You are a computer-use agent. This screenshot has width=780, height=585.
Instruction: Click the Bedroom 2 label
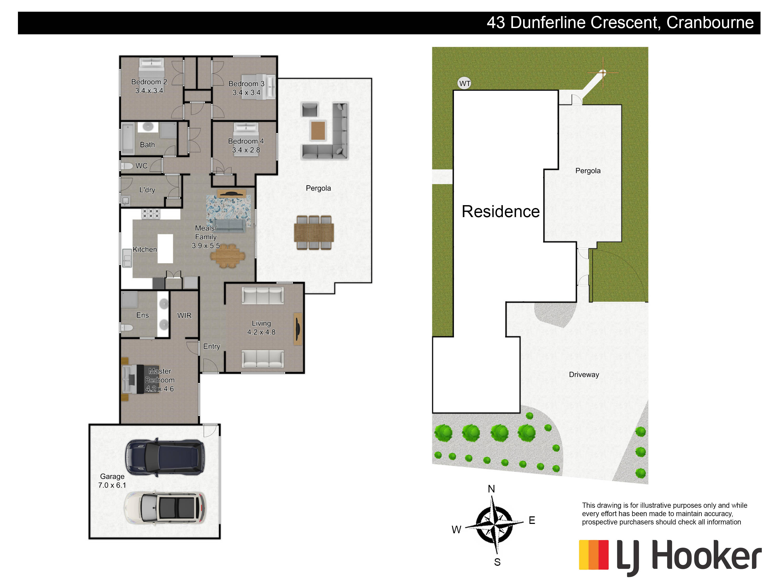click(149, 82)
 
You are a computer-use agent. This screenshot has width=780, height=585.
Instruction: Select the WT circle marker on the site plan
click(464, 83)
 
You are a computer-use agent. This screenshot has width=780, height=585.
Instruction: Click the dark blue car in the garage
click(165, 457)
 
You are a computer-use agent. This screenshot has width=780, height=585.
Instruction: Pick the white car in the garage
click(165, 508)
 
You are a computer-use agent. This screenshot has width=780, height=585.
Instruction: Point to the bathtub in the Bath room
click(128, 139)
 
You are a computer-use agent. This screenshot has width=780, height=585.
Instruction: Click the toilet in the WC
click(127, 166)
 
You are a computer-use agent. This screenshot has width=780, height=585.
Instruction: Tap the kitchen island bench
click(165, 249)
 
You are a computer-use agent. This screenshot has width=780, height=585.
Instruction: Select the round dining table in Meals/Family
click(228, 255)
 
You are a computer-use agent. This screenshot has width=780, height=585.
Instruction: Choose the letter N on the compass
click(491, 489)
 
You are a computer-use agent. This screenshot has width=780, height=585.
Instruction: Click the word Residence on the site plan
click(500, 212)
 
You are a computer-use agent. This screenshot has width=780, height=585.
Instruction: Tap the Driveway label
click(584, 374)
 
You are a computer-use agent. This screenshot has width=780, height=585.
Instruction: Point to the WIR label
click(184, 315)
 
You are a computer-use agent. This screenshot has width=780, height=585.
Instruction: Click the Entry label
click(212, 346)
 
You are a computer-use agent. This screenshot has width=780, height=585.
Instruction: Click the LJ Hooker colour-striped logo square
click(594, 555)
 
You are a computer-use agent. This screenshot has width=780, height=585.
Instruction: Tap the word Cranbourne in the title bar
click(710, 23)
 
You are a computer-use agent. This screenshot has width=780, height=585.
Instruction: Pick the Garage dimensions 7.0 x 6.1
click(112, 485)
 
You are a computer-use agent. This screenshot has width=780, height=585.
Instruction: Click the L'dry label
click(147, 190)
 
